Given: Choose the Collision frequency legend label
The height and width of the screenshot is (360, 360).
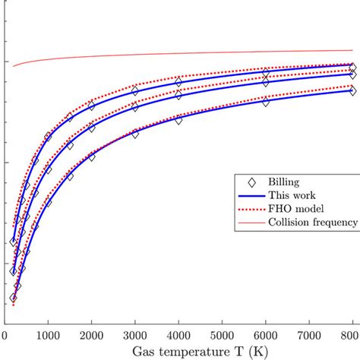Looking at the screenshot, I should pyautogui.click(x=318, y=223).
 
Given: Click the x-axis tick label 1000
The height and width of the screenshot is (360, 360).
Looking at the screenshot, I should pyautogui.click(x=48, y=335).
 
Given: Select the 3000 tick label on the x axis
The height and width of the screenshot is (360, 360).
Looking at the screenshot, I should pyautogui.click(x=135, y=335).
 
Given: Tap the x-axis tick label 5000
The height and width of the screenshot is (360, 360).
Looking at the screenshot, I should pyautogui.click(x=222, y=335).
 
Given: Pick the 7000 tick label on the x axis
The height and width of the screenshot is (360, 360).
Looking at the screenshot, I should pyautogui.click(x=309, y=335).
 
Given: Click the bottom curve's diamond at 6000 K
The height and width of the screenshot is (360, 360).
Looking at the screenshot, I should pyautogui.click(x=266, y=101).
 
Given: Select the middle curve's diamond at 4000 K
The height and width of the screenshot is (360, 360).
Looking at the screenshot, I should pyautogui.click(x=178, y=95).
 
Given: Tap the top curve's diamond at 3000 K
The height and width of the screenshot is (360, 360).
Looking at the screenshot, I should pyautogui.click(x=135, y=90).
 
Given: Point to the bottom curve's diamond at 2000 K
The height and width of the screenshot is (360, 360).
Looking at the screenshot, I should pyautogui.click(x=92, y=156).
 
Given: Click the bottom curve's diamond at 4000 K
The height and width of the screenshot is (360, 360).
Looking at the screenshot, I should pyautogui.click(x=178, y=119).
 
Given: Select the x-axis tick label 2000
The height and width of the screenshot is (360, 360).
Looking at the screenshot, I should pyautogui.click(x=91, y=335).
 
